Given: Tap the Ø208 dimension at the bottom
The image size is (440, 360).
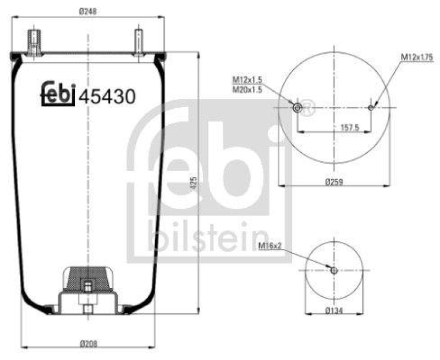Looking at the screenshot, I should pyautogui.click(x=88, y=344).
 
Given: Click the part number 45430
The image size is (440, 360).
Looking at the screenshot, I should pyautogui.click(x=107, y=97).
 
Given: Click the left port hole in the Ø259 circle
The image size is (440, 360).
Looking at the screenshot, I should pyautogui.click(x=297, y=107).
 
